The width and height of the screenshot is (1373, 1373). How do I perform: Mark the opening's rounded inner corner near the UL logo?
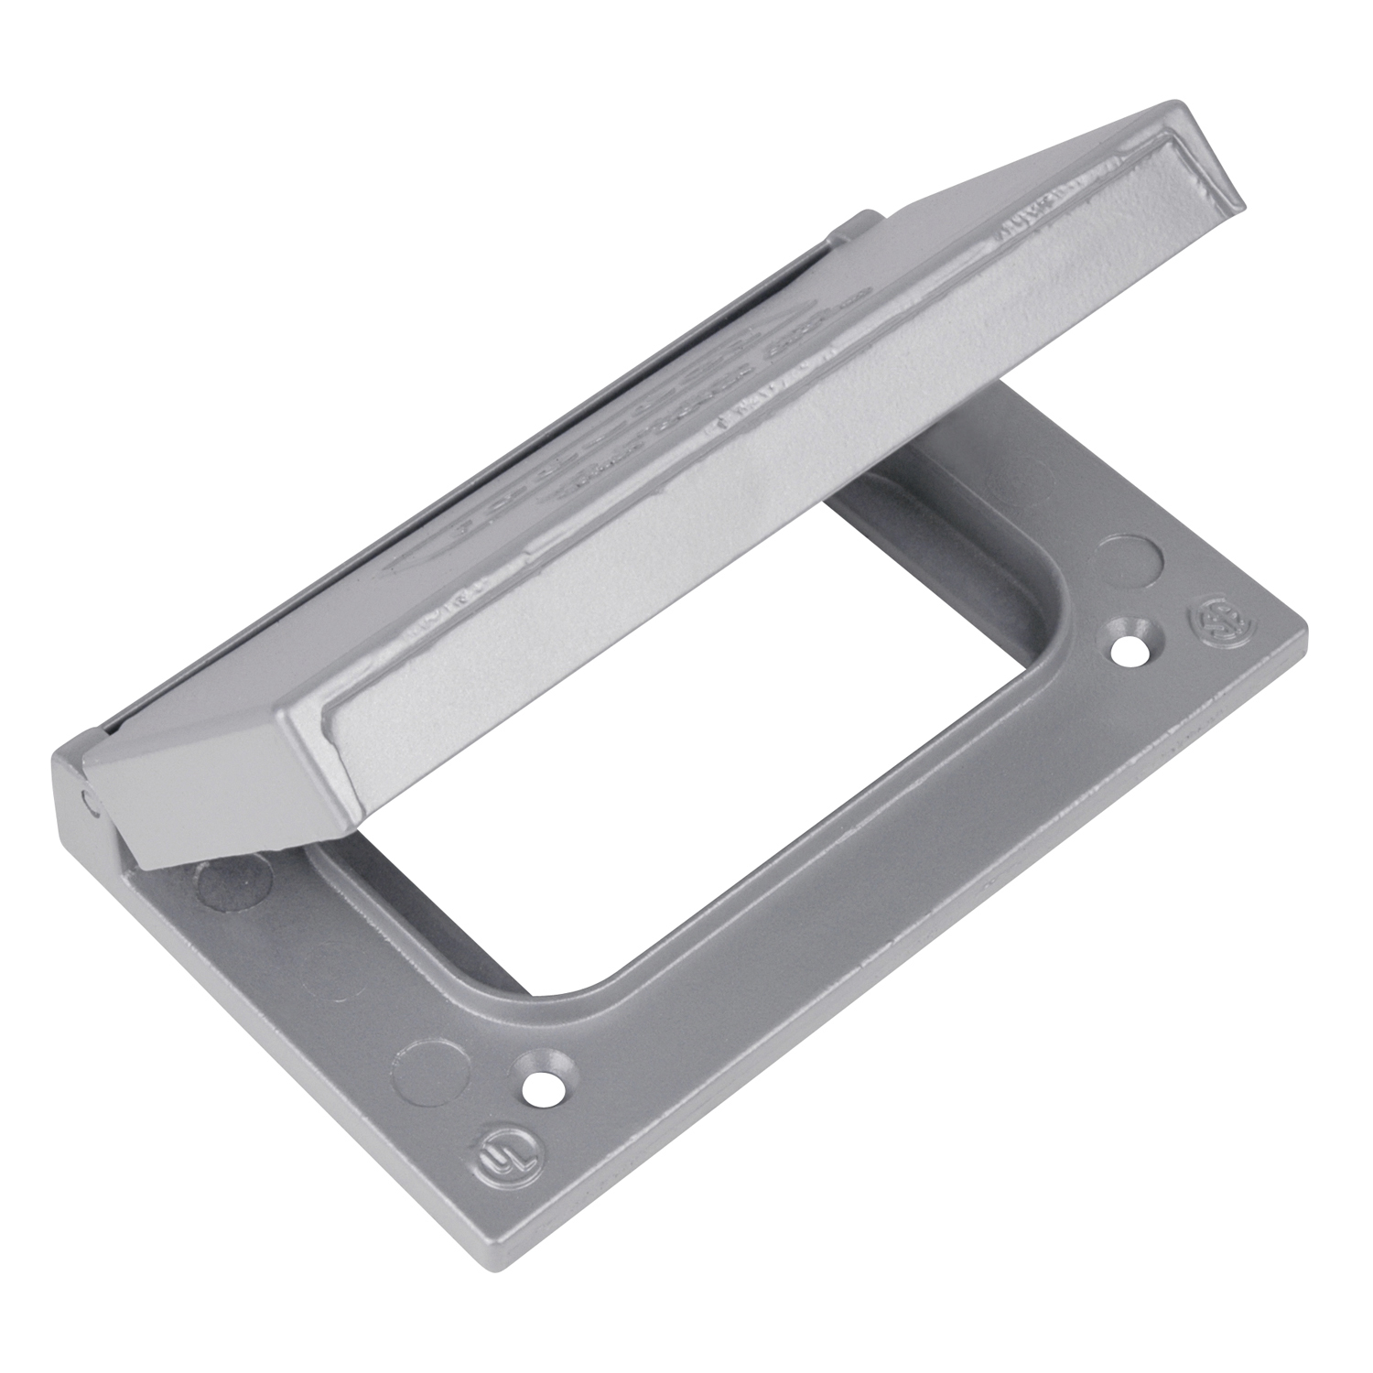pyautogui.click(x=586, y=984)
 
